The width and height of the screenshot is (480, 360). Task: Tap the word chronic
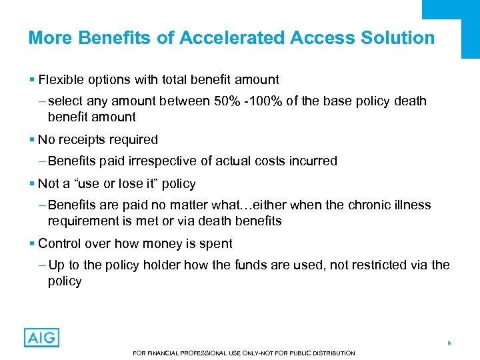click(x=371, y=205)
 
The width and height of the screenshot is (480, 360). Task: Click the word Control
click(x=59, y=244)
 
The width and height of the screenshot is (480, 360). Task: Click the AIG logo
click(x=41, y=337)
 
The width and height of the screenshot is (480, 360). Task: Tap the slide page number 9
click(x=449, y=343)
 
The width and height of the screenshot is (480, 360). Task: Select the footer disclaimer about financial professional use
click(x=244, y=353)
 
